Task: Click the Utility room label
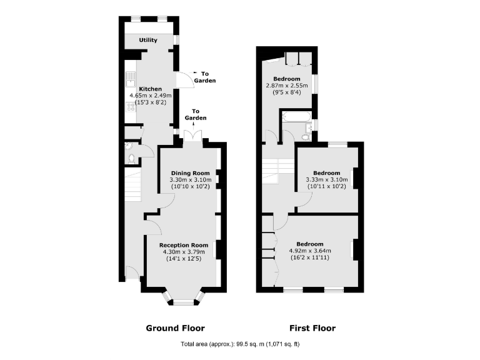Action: (x=148, y=41)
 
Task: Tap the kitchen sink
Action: (x=131, y=79)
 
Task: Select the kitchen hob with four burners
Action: (x=131, y=107)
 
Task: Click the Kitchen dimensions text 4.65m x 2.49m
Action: (x=151, y=96)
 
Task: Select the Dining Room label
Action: (x=190, y=173)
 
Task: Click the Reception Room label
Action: (x=183, y=245)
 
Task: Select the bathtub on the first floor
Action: (x=294, y=117)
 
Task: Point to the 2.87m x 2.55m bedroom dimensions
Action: (x=287, y=86)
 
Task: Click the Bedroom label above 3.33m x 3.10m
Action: (x=327, y=173)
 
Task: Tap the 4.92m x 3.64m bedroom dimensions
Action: (x=309, y=251)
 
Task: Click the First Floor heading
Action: (x=312, y=328)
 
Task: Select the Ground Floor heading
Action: (x=175, y=328)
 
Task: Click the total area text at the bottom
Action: (x=241, y=344)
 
